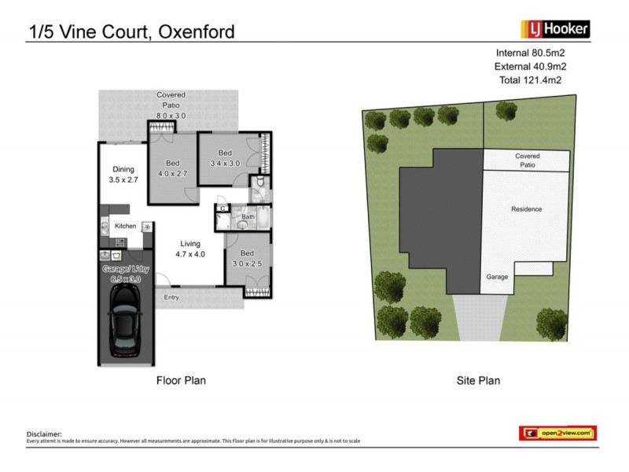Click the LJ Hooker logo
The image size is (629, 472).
click(x=555, y=30)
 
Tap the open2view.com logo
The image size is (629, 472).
click(x=557, y=433)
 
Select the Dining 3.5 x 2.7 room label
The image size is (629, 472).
click(x=123, y=174)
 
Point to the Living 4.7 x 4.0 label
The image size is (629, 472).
click(x=189, y=249)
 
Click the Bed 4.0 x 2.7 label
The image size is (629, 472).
click(x=172, y=168)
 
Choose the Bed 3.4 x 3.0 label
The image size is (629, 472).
click(x=225, y=158)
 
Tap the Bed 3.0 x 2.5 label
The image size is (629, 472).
click(x=247, y=257)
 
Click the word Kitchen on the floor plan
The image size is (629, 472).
click(x=126, y=227)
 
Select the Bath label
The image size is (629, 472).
click(x=248, y=217)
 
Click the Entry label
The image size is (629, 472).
click(x=171, y=298)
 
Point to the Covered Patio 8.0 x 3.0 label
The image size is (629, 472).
click(x=171, y=105)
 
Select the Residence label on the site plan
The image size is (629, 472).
click(x=527, y=209)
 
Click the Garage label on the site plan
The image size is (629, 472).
click(x=497, y=277)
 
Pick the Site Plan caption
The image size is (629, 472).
click(x=478, y=381)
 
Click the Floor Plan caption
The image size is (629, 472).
click(x=181, y=381)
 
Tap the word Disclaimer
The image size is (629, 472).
click(x=44, y=433)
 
